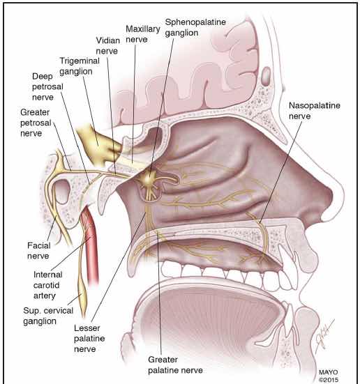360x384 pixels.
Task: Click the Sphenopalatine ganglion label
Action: click(195, 27)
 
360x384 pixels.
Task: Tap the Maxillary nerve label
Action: click(143, 34)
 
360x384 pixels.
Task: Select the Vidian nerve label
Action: click(107, 45)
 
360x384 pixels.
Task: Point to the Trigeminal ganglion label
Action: click(80, 66)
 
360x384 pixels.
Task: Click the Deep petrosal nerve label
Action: click(47, 86)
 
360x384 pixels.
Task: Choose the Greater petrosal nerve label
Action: click(36, 123)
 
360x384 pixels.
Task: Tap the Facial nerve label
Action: click(39, 250)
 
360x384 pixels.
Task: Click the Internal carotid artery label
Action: click(47, 285)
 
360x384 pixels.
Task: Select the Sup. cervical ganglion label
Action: click(48, 316)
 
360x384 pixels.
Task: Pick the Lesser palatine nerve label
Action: click(89, 339)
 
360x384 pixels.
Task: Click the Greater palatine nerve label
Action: click(175, 365)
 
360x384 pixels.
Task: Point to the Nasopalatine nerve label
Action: click(315, 111)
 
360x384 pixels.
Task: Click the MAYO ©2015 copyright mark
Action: click(329, 376)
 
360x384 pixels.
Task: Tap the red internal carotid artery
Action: click(91, 245)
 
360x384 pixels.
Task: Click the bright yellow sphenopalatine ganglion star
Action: click(148, 178)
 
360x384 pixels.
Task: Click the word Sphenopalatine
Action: click(195, 22)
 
